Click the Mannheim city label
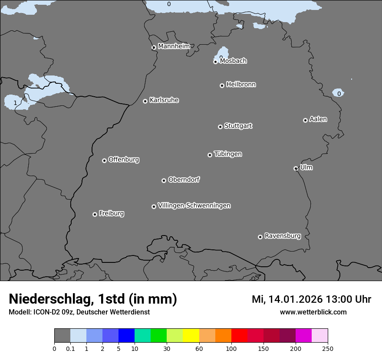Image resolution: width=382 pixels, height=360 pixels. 174,46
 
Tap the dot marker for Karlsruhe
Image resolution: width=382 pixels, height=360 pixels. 145,101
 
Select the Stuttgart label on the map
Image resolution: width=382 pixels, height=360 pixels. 238,126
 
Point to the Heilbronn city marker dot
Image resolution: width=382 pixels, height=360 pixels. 222,85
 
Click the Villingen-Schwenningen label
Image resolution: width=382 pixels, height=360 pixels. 194,205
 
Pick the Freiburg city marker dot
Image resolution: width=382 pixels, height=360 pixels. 95,214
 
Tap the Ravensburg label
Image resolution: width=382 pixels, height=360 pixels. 282,236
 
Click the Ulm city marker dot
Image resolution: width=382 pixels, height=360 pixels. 296,168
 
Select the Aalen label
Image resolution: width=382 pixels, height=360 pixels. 318,119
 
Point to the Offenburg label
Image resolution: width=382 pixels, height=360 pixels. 123,159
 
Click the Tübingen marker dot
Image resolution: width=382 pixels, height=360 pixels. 210,155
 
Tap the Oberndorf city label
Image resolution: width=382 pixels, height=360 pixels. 184,180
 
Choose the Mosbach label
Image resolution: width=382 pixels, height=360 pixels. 233,61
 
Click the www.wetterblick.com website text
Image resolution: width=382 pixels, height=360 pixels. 313,312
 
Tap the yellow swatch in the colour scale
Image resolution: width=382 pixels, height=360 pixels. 191,336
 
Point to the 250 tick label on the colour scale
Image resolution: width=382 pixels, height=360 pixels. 328,348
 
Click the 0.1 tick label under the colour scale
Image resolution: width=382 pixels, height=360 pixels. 70,348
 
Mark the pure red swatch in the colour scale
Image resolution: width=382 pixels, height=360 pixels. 239,336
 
